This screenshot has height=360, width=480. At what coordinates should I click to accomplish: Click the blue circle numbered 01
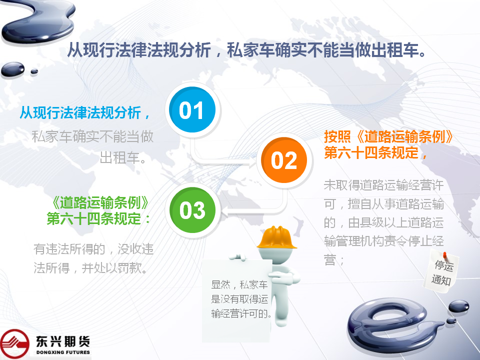coord(192,109)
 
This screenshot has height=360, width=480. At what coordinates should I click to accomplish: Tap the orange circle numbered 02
coord(284,160)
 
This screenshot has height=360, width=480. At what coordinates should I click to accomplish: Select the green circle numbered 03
coord(192,210)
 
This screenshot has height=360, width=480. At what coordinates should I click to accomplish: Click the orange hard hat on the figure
coord(276,237)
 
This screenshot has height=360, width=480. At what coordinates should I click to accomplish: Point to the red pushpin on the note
coord(445,255)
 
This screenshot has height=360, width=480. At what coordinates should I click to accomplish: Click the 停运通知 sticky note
coord(441,271)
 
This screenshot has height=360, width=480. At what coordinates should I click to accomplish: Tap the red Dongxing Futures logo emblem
coord(14,344)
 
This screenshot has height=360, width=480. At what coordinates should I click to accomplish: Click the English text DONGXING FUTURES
coord(63,352)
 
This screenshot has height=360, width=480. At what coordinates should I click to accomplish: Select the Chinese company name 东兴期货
coord(63,341)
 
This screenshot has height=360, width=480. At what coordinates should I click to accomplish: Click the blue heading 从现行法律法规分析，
coord(85,112)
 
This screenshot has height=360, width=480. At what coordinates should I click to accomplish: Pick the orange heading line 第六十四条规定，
coord(375,152)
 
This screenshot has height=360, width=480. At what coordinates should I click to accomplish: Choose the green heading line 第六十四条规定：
coord(98,218)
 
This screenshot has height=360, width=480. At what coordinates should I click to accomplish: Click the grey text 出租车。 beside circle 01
coord(123,158)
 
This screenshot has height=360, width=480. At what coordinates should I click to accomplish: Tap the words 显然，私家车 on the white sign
coord(239,284)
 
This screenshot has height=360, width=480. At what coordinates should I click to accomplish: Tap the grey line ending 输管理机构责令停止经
coord(384,241)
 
